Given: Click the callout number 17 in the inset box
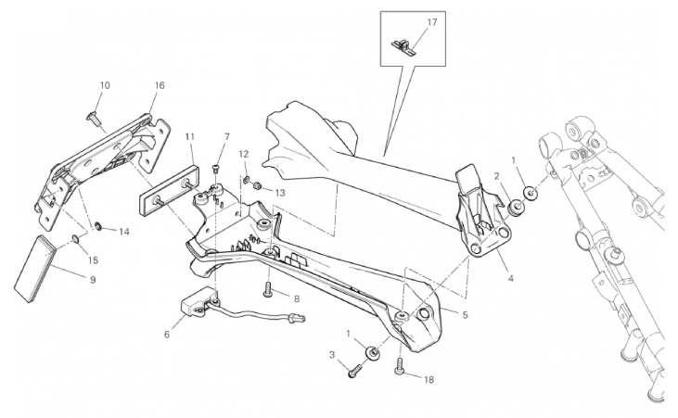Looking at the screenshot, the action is coord(432,22).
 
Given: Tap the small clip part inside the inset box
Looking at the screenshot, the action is coord(403,47).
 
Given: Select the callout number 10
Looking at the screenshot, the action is coord(105,85).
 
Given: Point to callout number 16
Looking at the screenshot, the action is coord(160,85).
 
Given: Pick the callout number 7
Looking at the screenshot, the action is coord(227,136).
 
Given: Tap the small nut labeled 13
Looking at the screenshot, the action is coord(256,186).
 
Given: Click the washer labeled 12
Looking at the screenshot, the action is coord(246,179).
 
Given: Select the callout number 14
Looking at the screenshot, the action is coord(124,232).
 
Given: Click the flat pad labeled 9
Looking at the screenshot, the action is coord(35,269).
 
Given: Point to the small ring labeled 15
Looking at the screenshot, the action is coord(75,238).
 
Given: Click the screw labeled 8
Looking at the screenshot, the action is coord(267,289).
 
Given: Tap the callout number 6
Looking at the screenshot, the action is coord(167,335).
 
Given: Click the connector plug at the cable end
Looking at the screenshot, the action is coord(298,319).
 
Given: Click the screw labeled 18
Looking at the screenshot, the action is coord(399,366).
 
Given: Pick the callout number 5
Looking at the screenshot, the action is coord(466,315).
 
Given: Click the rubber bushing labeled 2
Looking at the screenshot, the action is coord(516,207).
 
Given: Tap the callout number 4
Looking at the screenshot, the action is coord(511,279).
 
